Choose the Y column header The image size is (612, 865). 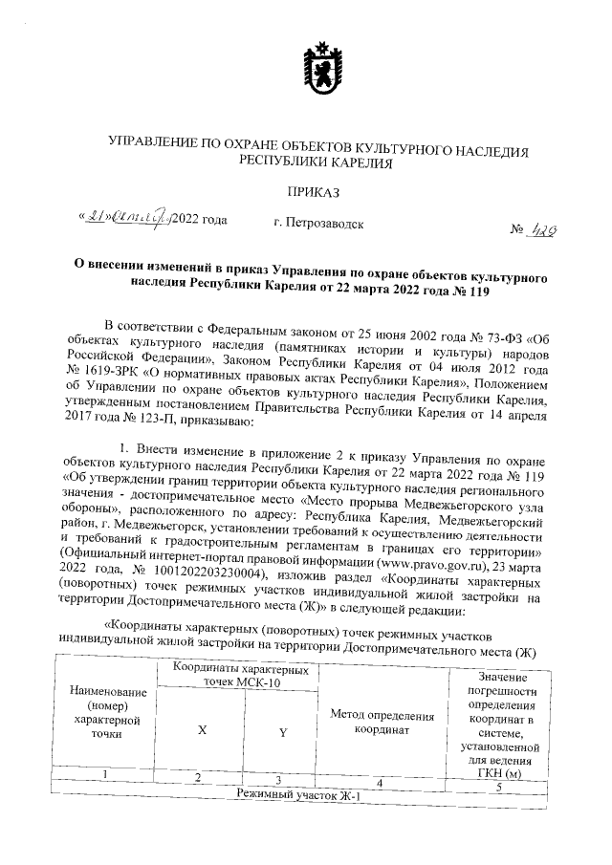(x=283, y=732)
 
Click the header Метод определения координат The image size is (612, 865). (x=382, y=722)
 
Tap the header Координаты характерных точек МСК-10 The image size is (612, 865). (x=243, y=677)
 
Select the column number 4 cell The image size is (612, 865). (x=380, y=784)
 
